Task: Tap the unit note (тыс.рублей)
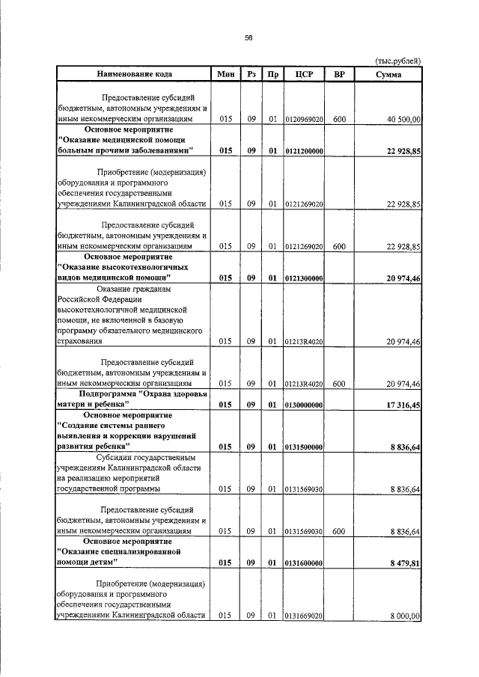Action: [x=397, y=61]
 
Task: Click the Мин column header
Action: [x=225, y=74]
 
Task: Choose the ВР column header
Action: [x=339, y=74]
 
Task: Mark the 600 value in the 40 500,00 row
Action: [x=339, y=119]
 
